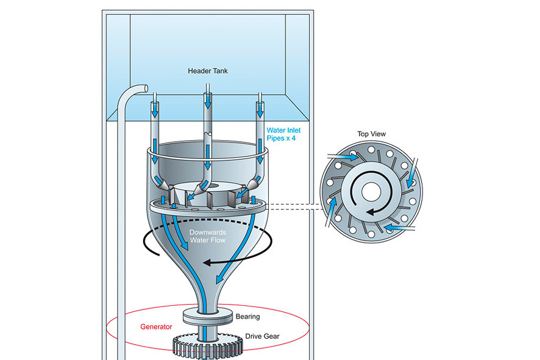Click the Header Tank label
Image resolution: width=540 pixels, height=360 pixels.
pyautogui.click(x=208, y=71)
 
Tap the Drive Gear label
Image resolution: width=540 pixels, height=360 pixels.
pyautogui.click(x=263, y=336)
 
